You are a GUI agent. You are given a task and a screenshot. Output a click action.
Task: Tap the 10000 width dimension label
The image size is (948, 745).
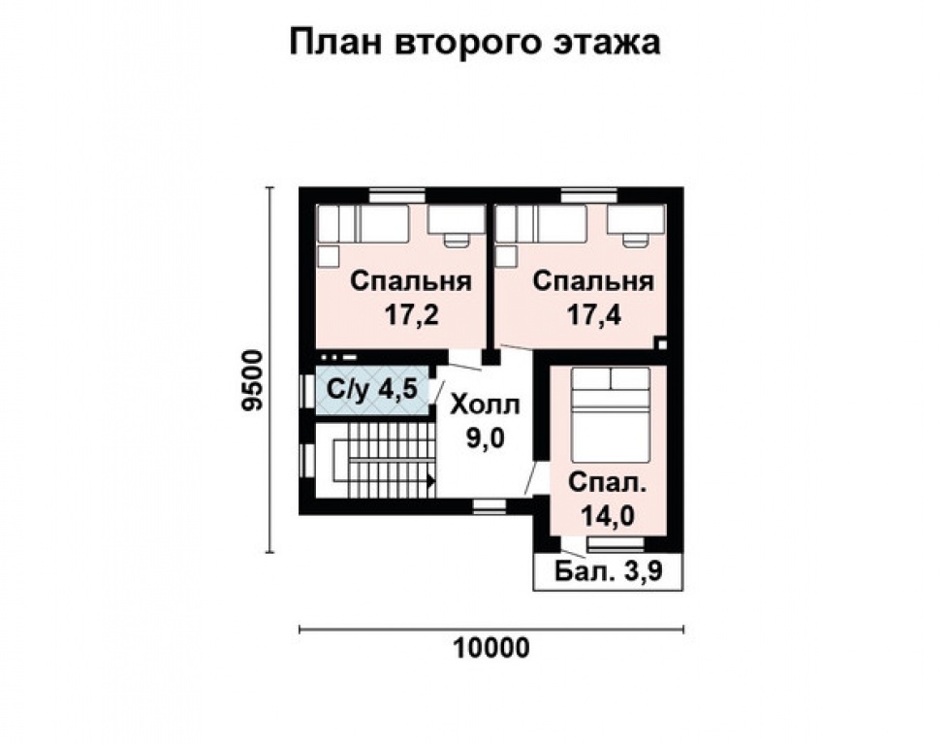[x=491, y=648]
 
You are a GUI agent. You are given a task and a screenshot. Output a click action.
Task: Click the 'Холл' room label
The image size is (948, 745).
[x=487, y=404]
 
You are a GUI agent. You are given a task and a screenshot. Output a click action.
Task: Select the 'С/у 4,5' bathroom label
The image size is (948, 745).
[x=371, y=390]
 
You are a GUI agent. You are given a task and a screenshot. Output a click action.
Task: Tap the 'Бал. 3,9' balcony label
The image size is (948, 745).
[x=609, y=571]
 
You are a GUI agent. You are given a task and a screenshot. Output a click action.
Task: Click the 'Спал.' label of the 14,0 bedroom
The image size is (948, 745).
[x=608, y=483]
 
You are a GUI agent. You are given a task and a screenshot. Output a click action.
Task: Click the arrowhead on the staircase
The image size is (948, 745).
[x=429, y=478]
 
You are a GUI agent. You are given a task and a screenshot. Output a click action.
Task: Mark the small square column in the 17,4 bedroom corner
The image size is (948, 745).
[x=660, y=341]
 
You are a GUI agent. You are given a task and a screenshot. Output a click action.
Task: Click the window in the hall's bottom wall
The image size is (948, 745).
[x=490, y=505]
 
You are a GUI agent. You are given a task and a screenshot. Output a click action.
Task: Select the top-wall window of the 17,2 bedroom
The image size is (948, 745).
[x=392, y=195]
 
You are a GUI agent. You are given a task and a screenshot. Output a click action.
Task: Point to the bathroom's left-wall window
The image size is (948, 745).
[x=307, y=391]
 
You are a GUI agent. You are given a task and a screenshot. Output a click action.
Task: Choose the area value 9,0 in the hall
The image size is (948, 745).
[x=487, y=438]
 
